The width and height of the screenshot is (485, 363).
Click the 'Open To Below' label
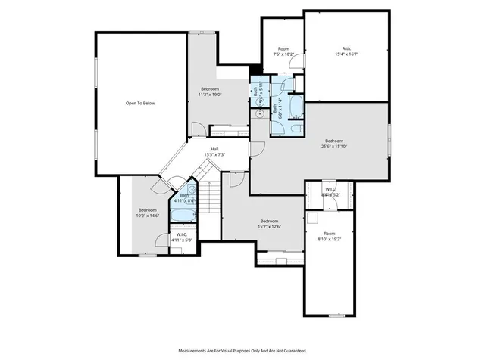[x=139, y=103]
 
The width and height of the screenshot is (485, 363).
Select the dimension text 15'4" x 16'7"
[x=346, y=54]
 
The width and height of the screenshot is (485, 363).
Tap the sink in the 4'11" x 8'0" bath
[x=191, y=190]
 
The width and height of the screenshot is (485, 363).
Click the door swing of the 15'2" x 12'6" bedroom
[x=235, y=180]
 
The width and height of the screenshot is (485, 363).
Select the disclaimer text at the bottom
[x=242, y=351]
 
